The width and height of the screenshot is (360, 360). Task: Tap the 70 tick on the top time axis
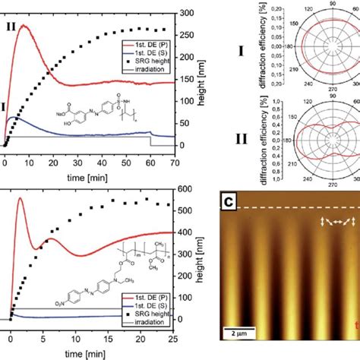[x=175, y=162]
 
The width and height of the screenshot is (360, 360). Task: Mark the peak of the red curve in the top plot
[x=25, y=26]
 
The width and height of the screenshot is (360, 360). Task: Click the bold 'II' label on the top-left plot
[x=11, y=25]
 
